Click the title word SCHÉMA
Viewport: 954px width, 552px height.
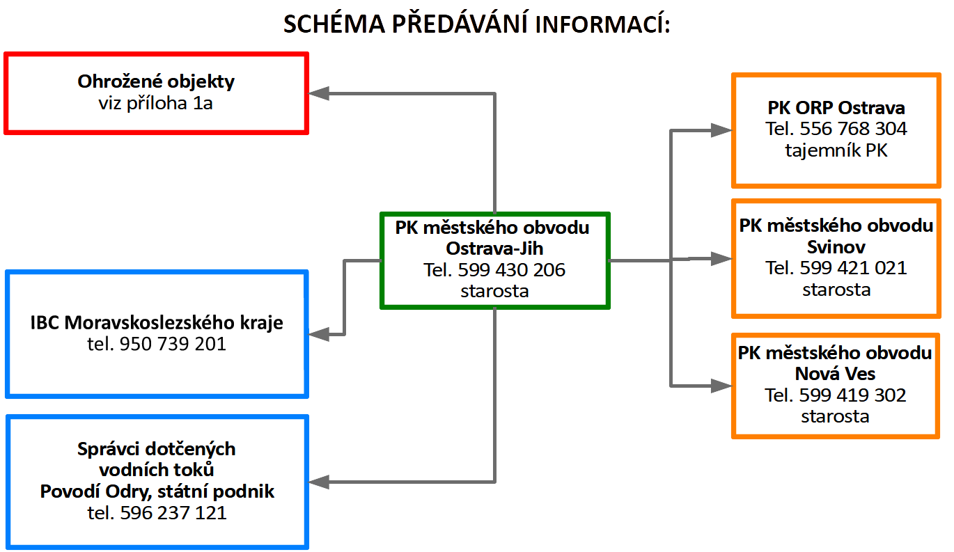tap(332, 24)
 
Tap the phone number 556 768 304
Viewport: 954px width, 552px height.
tap(854, 129)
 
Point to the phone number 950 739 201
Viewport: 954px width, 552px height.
tap(173, 344)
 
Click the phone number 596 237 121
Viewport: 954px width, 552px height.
tap(173, 513)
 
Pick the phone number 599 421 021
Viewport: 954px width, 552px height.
tap(854, 268)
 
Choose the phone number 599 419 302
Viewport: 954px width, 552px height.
tap(853, 395)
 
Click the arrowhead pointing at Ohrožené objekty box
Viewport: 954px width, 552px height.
tap(319, 93)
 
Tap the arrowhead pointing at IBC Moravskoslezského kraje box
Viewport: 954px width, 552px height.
tap(319, 335)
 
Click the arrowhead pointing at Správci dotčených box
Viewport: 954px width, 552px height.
tap(319, 482)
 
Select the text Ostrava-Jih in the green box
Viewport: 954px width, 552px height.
tap(494, 249)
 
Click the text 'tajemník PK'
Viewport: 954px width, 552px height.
tap(836, 150)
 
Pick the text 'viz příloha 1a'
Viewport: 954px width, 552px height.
tap(156, 103)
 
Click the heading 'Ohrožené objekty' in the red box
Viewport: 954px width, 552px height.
tap(156, 81)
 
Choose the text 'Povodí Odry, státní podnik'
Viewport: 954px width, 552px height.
tap(157, 491)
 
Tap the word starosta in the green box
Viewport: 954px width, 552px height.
tap(494, 291)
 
